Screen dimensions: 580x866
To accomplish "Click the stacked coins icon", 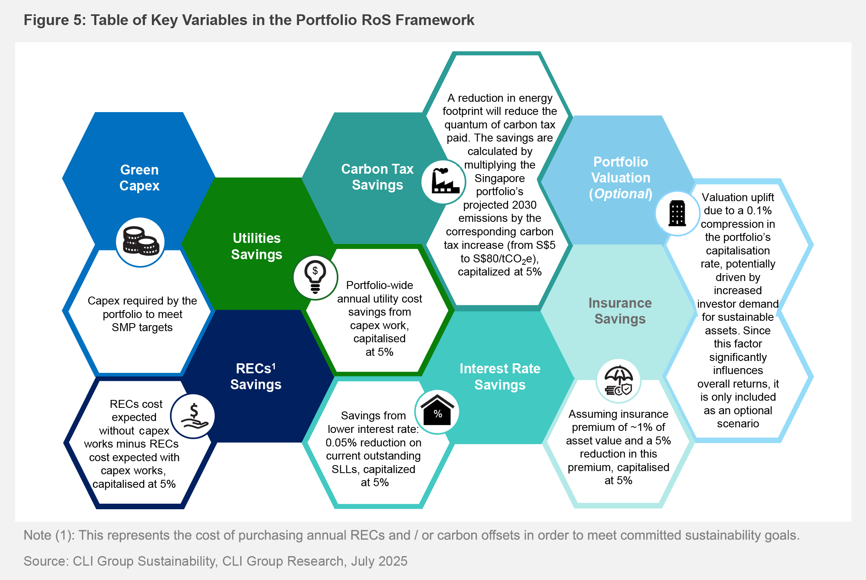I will pyautogui.click(x=140, y=241).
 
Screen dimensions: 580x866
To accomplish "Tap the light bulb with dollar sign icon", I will pyautogui.click(x=315, y=277).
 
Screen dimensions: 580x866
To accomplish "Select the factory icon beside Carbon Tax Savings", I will pyautogui.click(x=443, y=182).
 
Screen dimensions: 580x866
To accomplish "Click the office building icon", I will pyautogui.click(x=677, y=213).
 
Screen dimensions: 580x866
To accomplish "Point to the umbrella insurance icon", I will pyautogui.click(x=618, y=381).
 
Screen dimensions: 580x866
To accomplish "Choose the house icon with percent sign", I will pyautogui.click(x=437, y=411).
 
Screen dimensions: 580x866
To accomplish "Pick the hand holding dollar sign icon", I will pyautogui.click(x=193, y=416).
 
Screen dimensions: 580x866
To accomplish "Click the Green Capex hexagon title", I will pyautogui.click(x=139, y=178).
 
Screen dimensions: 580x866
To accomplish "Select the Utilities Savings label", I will pyautogui.click(x=256, y=246).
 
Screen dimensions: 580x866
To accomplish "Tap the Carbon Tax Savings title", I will pyautogui.click(x=377, y=177).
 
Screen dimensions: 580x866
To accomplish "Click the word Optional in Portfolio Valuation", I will pyautogui.click(x=621, y=194).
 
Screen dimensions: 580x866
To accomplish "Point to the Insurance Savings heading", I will pyautogui.click(x=620, y=311).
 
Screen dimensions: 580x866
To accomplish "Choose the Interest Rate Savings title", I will pyautogui.click(x=500, y=376).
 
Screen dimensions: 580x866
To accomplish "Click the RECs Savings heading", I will pyautogui.click(x=256, y=376).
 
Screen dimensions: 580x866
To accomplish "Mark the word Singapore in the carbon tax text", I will pyautogui.click(x=499, y=178).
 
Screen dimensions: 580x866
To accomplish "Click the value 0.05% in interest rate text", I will pyautogui.click(x=344, y=442).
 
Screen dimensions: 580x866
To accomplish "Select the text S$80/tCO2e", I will pyautogui.click(x=505, y=259).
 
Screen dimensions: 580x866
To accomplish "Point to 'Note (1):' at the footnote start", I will pyautogui.click(x=49, y=535).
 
